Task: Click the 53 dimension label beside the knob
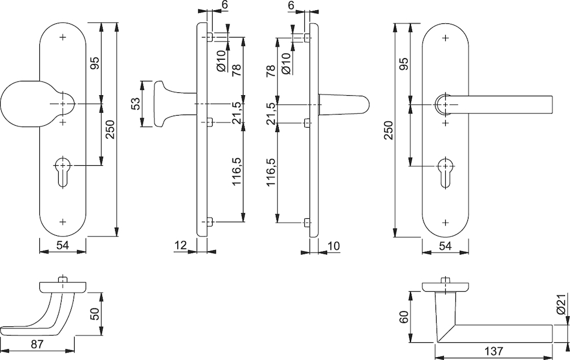(x=135, y=104)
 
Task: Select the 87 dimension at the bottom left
(x=36, y=343)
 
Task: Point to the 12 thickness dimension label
(x=180, y=246)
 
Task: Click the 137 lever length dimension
(x=494, y=351)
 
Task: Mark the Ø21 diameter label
(x=561, y=304)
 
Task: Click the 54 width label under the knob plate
(x=63, y=246)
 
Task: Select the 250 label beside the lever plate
(x=389, y=130)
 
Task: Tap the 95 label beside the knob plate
(x=95, y=63)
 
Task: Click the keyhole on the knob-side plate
(x=63, y=172)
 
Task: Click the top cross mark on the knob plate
(x=63, y=37)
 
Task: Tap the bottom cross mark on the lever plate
(x=446, y=222)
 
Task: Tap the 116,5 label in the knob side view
(x=238, y=172)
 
